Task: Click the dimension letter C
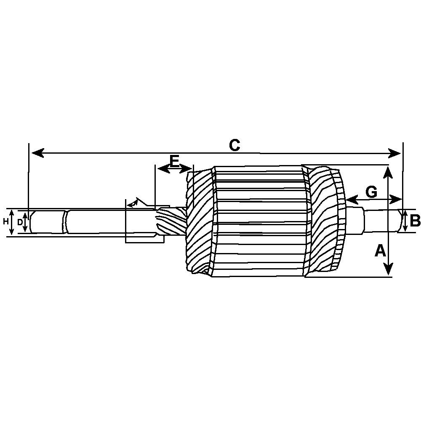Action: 234,145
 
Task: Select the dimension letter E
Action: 174,160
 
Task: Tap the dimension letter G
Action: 371,192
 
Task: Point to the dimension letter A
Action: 380,251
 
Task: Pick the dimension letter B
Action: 415,221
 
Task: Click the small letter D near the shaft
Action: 19,222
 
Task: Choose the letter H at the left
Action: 5,221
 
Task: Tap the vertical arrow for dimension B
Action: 405,221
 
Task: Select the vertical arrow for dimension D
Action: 26,222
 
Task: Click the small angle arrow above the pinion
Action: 134,203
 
